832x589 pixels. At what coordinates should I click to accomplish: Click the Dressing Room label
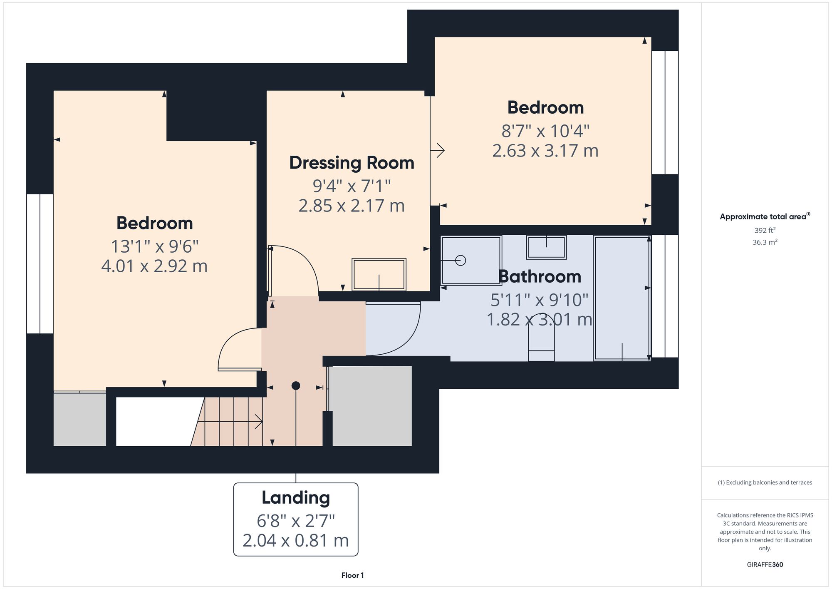click(x=352, y=163)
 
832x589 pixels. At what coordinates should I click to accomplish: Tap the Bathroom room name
click(x=540, y=276)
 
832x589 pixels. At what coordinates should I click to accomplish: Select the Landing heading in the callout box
click(x=296, y=497)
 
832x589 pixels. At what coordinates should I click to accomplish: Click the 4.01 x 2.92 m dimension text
click(x=154, y=266)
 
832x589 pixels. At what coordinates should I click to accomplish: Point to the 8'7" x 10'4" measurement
click(x=545, y=131)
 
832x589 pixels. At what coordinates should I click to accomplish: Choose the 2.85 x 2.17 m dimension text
click(x=352, y=206)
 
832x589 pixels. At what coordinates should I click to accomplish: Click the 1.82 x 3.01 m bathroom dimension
click(x=540, y=320)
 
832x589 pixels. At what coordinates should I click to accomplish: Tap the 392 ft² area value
click(x=765, y=230)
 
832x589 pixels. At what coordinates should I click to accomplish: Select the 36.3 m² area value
click(x=765, y=242)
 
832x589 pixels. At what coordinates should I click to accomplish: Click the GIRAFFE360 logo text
click(x=765, y=564)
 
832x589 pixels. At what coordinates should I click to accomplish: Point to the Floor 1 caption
click(x=352, y=575)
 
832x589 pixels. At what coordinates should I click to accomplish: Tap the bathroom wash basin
click(x=546, y=247)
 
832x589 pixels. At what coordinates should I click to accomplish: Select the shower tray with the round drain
click(x=471, y=261)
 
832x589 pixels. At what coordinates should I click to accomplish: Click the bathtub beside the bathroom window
click(x=622, y=298)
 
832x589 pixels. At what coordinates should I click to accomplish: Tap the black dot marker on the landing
click(x=296, y=386)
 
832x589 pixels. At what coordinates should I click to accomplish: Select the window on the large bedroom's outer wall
click(x=40, y=263)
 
